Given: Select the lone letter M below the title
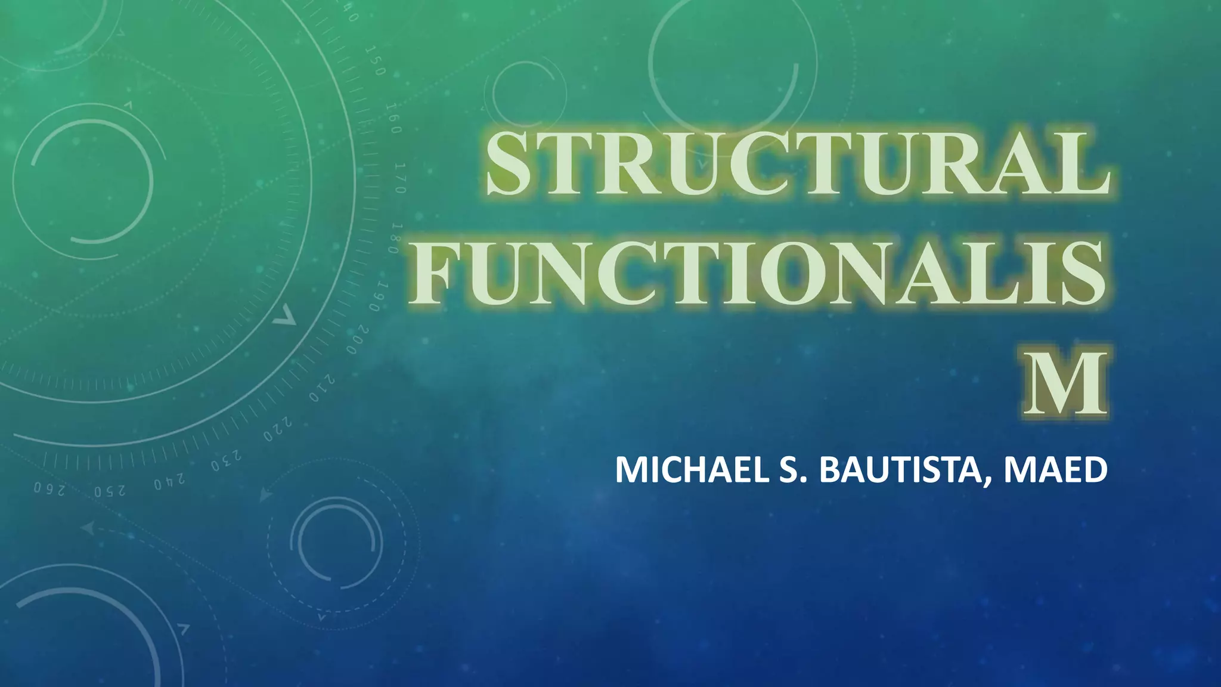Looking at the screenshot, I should (1065, 384).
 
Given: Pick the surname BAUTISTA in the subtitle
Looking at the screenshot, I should (906, 470).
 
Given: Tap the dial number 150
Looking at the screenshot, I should (376, 61).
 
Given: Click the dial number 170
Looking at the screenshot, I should (401, 178).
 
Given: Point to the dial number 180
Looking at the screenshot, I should (396, 239).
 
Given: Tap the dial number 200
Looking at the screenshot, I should (358, 340).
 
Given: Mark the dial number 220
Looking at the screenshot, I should (278, 429).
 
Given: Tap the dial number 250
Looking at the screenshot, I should (110, 490).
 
